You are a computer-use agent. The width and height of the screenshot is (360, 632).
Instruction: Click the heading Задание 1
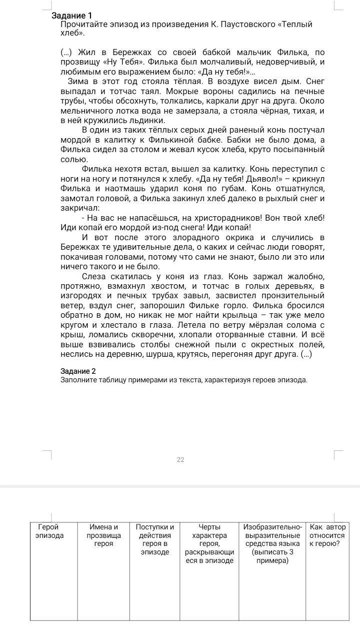(72, 16)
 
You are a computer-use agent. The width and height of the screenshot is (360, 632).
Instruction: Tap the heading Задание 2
(78, 371)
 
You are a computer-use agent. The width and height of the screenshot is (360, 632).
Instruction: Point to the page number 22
(180, 460)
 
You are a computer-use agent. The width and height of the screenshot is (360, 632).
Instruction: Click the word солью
(74, 160)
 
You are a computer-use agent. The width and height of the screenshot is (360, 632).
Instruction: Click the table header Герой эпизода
(50, 531)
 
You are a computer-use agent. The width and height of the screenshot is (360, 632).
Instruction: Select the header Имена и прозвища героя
(103, 535)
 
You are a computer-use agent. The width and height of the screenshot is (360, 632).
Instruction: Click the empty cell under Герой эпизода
(53, 590)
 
